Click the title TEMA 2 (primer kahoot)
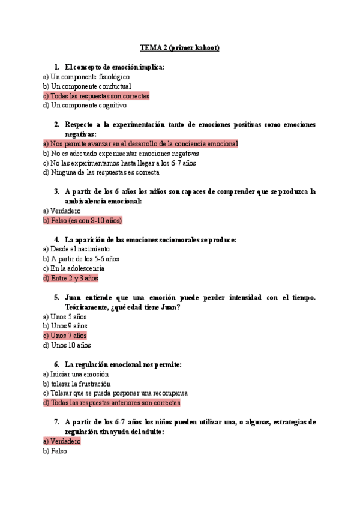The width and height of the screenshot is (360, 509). [x=179, y=47]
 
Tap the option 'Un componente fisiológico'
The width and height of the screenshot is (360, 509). [x=86, y=77]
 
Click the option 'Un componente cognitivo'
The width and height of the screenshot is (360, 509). [x=85, y=106]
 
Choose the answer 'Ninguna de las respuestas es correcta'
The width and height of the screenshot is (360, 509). [x=101, y=173]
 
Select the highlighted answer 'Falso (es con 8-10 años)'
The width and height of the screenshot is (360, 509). [x=82, y=221]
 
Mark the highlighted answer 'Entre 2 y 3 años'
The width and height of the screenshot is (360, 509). [x=71, y=279]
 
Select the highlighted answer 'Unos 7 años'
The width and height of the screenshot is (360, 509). [x=65, y=336]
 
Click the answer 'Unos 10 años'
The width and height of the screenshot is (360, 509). [x=67, y=346]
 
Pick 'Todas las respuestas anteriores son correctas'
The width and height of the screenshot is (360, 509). [x=112, y=403]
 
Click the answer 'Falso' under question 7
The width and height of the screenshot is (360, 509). [x=55, y=451]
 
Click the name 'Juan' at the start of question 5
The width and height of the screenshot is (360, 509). [x=73, y=297]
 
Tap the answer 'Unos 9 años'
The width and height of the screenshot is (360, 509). [x=65, y=327]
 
